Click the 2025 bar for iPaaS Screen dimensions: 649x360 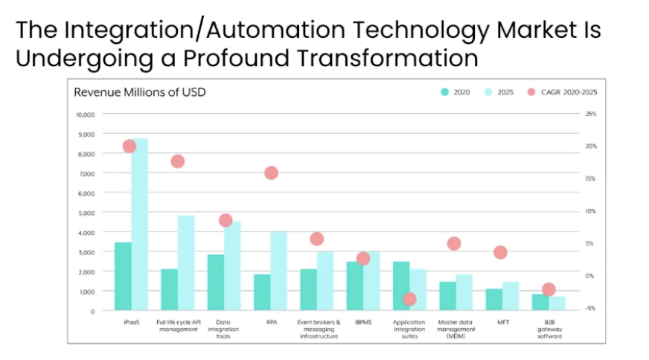point(140,225)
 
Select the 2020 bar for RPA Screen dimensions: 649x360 point(262,292)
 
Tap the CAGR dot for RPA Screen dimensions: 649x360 point(271,173)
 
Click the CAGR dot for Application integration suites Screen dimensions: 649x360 point(409,299)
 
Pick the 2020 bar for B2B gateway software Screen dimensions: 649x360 point(540,302)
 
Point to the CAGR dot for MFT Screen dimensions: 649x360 point(500,252)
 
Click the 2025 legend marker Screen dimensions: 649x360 point(488,92)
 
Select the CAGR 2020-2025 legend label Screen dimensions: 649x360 point(569,92)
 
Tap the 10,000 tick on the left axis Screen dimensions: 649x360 point(86,115)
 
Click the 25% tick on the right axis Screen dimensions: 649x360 point(591,114)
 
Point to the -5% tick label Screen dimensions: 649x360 point(590,308)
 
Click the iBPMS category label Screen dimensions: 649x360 point(363,322)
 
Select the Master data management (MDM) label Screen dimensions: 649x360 point(455,329)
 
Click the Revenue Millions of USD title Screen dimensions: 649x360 point(140,92)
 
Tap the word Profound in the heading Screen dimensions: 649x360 point(236,57)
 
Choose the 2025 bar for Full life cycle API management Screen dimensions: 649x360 point(186,263)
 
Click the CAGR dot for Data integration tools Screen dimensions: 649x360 point(226,221)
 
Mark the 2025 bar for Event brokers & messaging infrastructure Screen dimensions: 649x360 point(325,281)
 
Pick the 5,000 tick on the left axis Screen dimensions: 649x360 point(86,213)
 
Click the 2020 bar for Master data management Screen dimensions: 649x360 point(447,296)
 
